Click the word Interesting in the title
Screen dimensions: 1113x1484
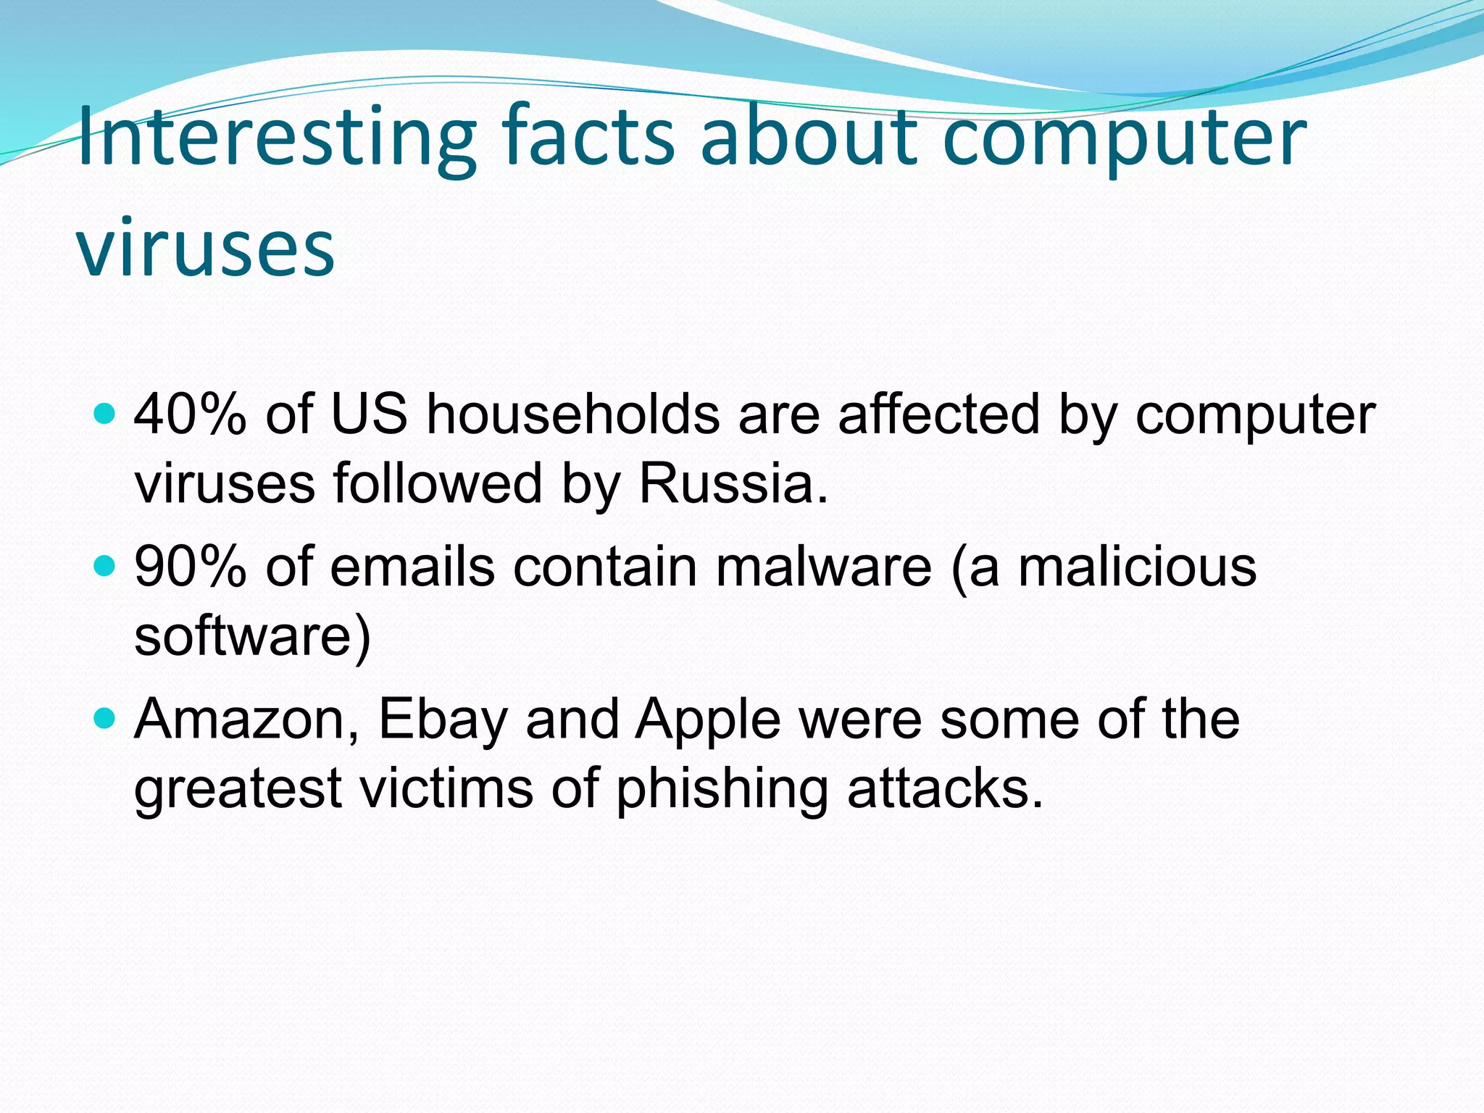coord(276,138)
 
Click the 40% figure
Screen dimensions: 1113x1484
coord(190,414)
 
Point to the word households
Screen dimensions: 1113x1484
coord(572,414)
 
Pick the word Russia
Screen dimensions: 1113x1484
coord(732,484)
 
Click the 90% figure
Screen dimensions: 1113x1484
coord(190,567)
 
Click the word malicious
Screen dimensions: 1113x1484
coord(1137,567)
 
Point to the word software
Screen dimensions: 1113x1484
coord(243,636)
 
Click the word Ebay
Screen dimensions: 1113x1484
coord(443,720)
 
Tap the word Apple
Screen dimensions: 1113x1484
coord(708,720)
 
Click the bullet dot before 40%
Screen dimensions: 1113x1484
coord(106,414)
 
